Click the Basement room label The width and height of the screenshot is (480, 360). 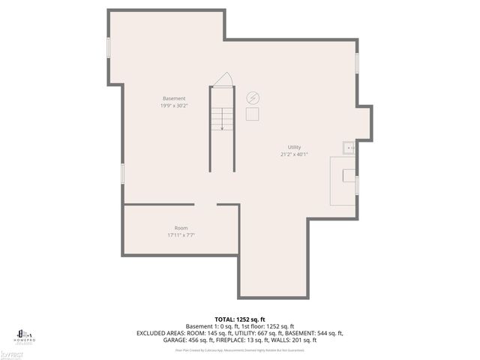click(174, 98)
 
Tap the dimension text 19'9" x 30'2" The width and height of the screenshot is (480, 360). click(174, 106)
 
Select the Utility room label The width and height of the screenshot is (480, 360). click(294, 147)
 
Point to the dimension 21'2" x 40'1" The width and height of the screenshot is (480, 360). click(294, 154)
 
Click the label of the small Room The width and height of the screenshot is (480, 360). click(181, 228)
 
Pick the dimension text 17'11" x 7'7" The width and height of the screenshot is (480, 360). click(181, 235)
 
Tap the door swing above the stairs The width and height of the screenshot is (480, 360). click(221, 79)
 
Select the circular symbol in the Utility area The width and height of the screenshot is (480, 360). click(253, 97)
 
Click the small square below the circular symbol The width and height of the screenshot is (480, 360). click(253, 113)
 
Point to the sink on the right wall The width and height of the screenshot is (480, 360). click(349, 148)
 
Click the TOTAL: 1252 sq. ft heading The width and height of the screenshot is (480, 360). click(240, 319)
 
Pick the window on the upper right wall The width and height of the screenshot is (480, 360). click(357, 63)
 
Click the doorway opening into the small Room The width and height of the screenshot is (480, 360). click(206, 204)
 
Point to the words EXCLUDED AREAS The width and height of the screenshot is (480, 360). click(160, 333)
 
